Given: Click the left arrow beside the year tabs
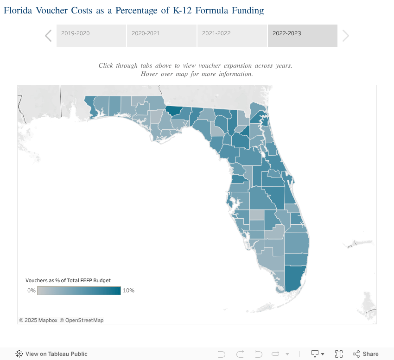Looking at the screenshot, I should click(x=48, y=36).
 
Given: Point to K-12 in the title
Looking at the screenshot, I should click(x=184, y=10).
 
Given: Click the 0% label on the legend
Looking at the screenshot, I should click(x=31, y=291).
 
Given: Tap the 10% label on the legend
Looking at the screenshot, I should click(x=128, y=291).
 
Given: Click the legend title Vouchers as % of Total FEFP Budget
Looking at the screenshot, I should click(x=68, y=280).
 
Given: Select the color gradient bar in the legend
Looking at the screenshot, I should click(x=79, y=291).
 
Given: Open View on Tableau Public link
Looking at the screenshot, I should click(x=52, y=354).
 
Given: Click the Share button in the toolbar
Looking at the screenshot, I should click(x=366, y=354).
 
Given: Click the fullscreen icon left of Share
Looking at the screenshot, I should click(x=338, y=354).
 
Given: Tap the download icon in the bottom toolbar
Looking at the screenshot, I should click(x=315, y=354).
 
